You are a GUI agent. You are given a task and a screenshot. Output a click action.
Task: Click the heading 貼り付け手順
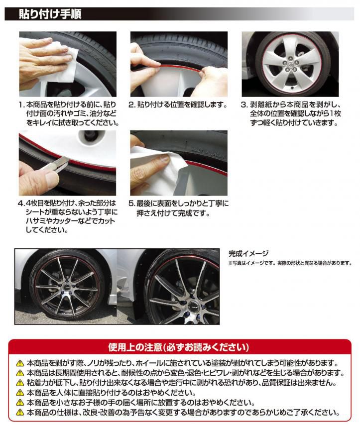50,14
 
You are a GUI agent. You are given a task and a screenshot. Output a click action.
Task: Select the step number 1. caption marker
21,105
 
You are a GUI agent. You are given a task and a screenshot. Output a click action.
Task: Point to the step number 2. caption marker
132,105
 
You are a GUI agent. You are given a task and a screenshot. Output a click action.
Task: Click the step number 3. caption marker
244,105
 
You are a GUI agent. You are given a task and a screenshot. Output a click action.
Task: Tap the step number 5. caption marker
132,204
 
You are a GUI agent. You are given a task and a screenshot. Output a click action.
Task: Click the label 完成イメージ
248,253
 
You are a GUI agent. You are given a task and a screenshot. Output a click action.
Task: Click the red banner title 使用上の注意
135,347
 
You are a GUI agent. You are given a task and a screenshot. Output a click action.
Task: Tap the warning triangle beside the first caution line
20,364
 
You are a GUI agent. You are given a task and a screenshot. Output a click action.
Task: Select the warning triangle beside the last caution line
20,413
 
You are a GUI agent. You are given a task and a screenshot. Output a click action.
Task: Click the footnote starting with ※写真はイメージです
290,263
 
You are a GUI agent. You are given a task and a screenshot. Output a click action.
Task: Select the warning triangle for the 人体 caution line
20,393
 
